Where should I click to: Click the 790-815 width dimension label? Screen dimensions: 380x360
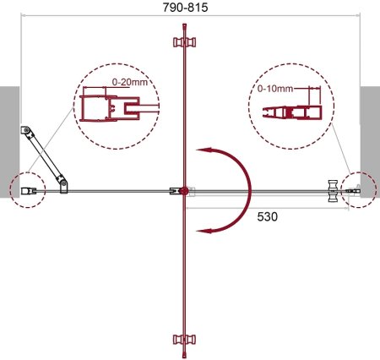pyautogui.click(x=185, y=8)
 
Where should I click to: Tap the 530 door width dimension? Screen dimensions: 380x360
pyautogui.click(x=267, y=216)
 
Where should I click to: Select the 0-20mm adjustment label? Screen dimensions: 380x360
pyautogui.click(x=130, y=82)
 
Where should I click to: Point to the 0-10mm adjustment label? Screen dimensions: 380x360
pyautogui.click(x=275, y=89)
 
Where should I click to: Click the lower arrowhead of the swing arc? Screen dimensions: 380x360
pyautogui.click(x=204, y=231)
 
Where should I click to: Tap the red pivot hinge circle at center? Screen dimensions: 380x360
pyautogui.click(x=184, y=191)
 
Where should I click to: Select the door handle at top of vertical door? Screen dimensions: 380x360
pyautogui.click(x=184, y=42)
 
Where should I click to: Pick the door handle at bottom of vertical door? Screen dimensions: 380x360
pyautogui.click(x=184, y=340)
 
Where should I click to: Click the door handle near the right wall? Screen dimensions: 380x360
pyautogui.click(x=334, y=191)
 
